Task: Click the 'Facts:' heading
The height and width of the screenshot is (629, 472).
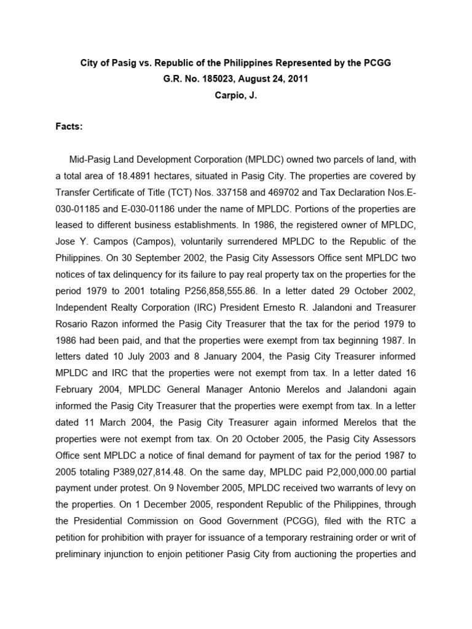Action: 69,127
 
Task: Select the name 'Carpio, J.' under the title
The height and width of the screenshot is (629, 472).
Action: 235,96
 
